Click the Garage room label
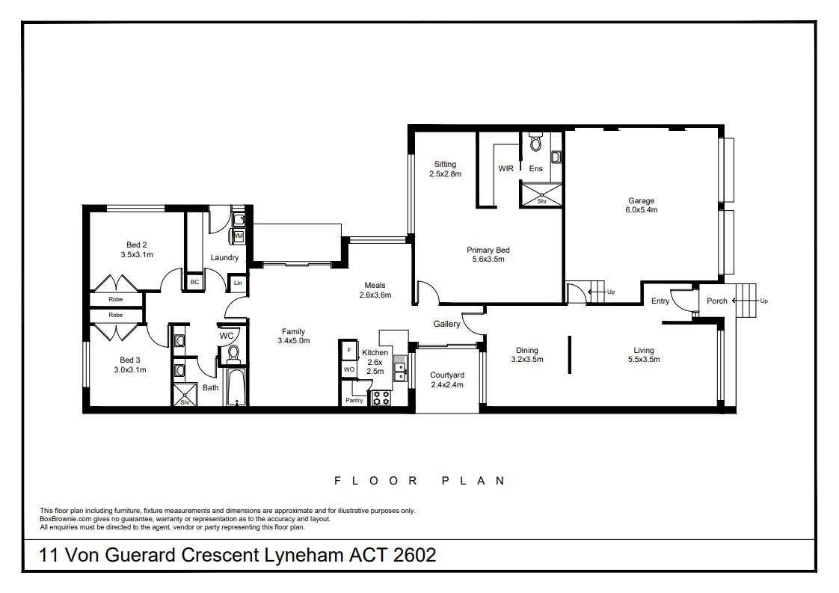click(641, 200)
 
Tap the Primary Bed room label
click(488, 250)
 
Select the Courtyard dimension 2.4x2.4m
click(447, 385)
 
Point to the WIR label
click(506, 169)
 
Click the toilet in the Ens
click(535, 142)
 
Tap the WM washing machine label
click(239, 236)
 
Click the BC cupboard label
click(194, 282)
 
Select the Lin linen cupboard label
click(238, 283)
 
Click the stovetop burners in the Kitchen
click(381, 398)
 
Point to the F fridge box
click(349, 349)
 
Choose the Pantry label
click(354, 400)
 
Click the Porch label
click(717, 301)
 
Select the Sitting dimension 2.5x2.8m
click(445, 174)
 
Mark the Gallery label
click(446, 324)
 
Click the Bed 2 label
click(136, 245)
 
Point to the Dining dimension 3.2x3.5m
click(526, 360)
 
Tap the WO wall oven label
click(348, 369)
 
